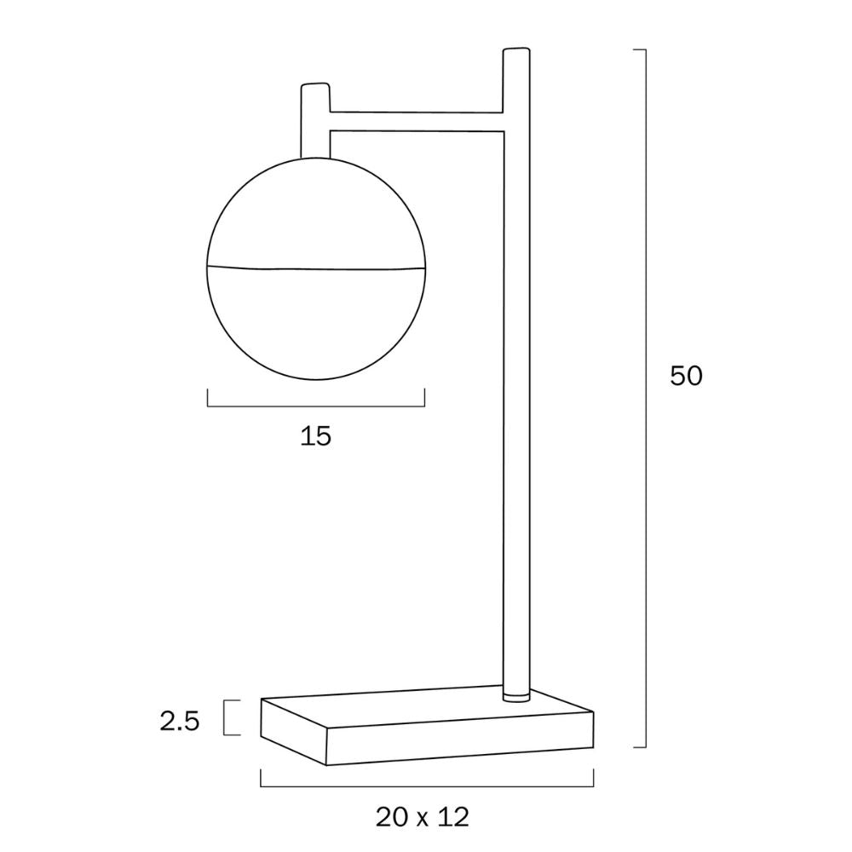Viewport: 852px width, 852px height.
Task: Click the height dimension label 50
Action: [686, 376]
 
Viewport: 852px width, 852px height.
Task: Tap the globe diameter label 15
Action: [315, 437]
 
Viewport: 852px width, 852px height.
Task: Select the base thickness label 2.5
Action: [179, 722]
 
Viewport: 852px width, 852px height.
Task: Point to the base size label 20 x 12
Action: [422, 818]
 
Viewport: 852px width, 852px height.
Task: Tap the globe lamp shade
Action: [315, 324]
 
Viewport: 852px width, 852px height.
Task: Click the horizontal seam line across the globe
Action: [315, 269]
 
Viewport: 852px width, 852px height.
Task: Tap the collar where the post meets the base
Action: [515, 696]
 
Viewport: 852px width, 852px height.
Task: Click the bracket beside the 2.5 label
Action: [227, 717]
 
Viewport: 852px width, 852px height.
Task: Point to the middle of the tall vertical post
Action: [515, 383]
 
